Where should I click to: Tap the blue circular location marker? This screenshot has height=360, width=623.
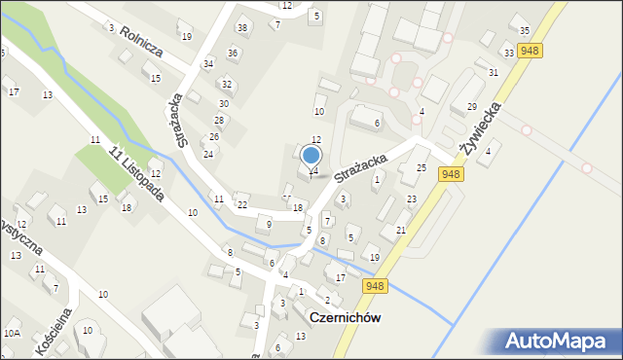point(311,155)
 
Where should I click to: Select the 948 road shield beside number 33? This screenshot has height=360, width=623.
point(531,51)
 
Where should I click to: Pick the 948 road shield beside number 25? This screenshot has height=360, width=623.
point(450,174)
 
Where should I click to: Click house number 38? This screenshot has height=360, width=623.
point(242,26)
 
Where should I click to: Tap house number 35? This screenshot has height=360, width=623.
point(525,31)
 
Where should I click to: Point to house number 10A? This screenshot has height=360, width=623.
point(11,333)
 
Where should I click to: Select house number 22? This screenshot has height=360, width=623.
point(241,204)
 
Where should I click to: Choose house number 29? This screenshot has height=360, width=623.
point(471,106)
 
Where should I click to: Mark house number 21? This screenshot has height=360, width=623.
point(401,230)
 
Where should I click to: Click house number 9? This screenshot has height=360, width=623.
point(269,225)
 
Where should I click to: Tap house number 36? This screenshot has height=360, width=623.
point(233,53)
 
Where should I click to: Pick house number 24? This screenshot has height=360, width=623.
point(207,155)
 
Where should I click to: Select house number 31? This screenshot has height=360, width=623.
point(494,73)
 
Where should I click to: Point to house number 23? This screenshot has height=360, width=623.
point(412,199)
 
